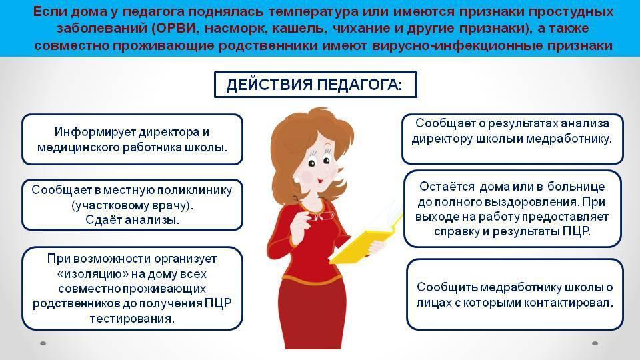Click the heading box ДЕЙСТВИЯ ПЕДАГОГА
click(x=315, y=85)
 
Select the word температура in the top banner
click(x=313, y=12)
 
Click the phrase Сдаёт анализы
click(x=132, y=220)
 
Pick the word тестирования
click(x=132, y=319)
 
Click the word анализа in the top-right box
click(x=585, y=123)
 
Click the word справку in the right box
click(x=457, y=232)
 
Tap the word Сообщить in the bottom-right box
click(x=447, y=287)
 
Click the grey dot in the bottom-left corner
click(x=43, y=343)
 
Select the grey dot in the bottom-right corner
click(x=595, y=343)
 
